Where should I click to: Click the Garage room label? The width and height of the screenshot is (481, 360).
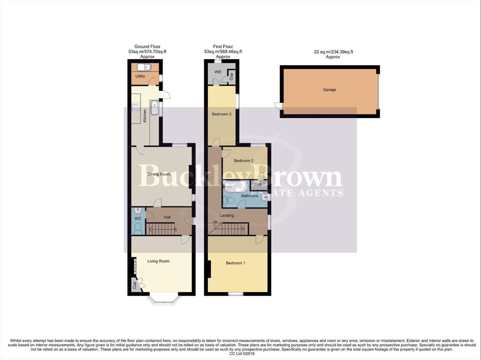[329, 90]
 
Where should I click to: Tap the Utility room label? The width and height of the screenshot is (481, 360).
[140, 76]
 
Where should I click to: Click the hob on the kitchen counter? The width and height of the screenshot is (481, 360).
[136, 107]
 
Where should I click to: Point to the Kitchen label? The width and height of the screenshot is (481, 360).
[145, 116]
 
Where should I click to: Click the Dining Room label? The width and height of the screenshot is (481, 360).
[159, 174]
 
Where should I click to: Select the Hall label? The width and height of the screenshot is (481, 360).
[167, 217]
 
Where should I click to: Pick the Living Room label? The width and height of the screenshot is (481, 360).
[158, 261]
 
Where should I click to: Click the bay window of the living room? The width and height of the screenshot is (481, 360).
[164, 300]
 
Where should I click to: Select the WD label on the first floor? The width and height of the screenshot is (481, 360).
[218, 72]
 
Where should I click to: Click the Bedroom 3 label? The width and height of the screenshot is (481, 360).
[222, 114]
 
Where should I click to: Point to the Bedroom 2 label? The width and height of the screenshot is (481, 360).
[243, 161]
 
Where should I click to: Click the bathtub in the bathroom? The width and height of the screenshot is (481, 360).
[236, 187]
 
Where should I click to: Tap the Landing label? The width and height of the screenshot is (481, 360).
[227, 215]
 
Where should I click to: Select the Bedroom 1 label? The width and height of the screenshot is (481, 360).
[235, 263]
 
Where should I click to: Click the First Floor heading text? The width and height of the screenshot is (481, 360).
[223, 47]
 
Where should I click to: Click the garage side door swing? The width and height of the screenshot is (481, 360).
[277, 106]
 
